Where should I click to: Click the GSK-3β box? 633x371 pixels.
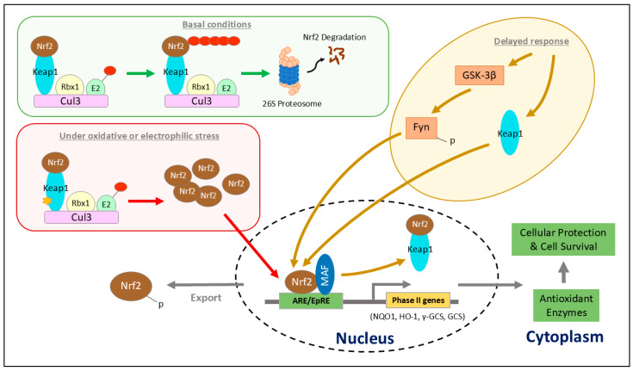(479, 75)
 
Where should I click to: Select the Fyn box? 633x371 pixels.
(421, 127)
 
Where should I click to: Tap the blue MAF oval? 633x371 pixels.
(325, 275)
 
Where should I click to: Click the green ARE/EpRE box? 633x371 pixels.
(311, 300)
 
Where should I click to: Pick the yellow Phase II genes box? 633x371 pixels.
(418, 300)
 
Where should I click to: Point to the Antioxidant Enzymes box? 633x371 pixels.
(566, 306)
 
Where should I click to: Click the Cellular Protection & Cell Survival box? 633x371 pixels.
(563, 239)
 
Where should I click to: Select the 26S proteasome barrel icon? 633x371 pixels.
(289, 71)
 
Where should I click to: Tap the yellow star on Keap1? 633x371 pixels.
(47, 200)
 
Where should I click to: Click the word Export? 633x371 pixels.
(206, 298)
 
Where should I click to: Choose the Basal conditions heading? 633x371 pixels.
(217, 25)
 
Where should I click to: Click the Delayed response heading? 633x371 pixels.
(531, 41)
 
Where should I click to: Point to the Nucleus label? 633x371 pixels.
(365, 338)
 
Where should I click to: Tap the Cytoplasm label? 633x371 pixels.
(564, 337)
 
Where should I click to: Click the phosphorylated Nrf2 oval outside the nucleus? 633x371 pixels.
(131, 287)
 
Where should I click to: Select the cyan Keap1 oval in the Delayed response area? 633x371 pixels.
(510, 133)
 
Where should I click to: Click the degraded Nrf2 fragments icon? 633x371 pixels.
(336, 56)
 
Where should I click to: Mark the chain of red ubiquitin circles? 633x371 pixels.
(214, 40)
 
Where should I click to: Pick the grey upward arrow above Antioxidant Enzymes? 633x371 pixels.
(564, 273)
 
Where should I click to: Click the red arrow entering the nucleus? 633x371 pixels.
(251, 246)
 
